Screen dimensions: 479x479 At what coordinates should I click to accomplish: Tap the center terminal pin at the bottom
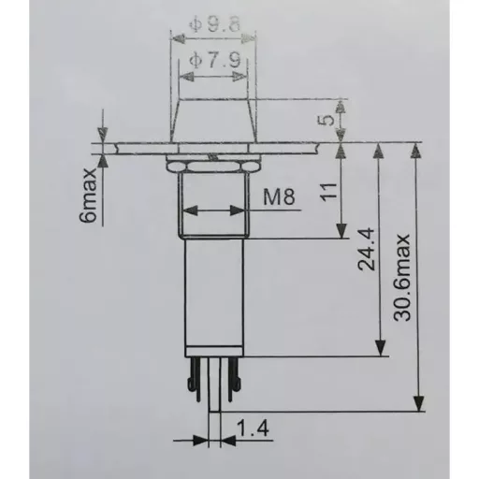pyautogui.click(x=215, y=388)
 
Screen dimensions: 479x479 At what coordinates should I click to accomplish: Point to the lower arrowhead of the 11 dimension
pyautogui.click(x=342, y=233)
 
